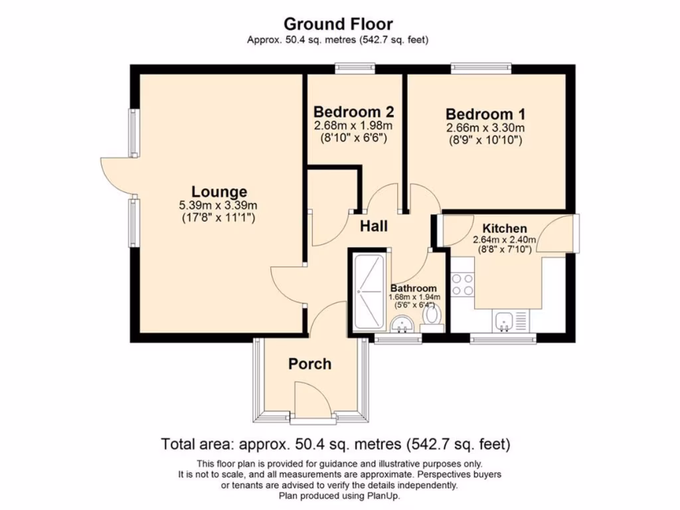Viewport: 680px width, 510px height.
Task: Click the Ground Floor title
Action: pyautogui.click(x=338, y=24)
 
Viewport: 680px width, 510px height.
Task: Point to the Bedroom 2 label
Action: pyautogui.click(x=355, y=111)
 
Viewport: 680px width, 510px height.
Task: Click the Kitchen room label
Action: pyautogui.click(x=505, y=228)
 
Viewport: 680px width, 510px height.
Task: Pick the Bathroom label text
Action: pyautogui.click(x=414, y=288)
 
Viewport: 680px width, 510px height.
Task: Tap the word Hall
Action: pyautogui.click(x=374, y=226)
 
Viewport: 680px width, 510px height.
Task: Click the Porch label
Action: pyautogui.click(x=309, y=364)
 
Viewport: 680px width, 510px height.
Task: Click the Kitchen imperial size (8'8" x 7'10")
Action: pyautogui.click(x=505, y=250)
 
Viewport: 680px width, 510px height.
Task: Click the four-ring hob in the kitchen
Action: pyautogui.click(x=462, y=285)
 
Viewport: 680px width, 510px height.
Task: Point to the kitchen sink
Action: pyautogui.click(x=504, y=322)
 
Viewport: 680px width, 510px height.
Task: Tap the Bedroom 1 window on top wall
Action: pyautogui.click(x=481, y=67)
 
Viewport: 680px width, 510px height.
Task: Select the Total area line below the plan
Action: pyautogui.click(x=335, y=444)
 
